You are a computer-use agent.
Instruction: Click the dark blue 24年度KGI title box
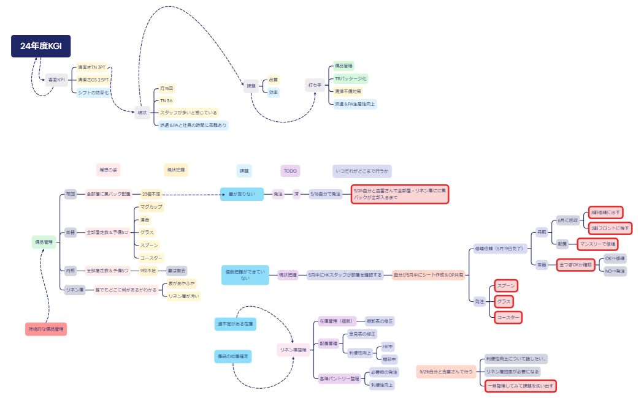41,46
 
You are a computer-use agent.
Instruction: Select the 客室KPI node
56,80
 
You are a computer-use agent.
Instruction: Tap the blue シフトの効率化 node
93,92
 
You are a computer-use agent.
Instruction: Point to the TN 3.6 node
166,100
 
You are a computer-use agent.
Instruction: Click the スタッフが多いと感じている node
188,113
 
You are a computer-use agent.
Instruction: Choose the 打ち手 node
315,85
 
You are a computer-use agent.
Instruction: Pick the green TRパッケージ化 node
350,79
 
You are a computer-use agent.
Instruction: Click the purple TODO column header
290,171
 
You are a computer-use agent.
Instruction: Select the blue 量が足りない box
242,194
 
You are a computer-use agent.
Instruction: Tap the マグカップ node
151,207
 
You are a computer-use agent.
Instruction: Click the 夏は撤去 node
176,270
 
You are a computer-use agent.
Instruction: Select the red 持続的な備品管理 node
46,329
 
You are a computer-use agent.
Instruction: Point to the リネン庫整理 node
293,350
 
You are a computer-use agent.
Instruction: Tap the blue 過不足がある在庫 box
236,323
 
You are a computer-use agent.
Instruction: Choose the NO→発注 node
615,271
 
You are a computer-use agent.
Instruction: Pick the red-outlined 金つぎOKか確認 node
575,265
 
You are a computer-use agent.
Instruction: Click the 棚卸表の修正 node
380,321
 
